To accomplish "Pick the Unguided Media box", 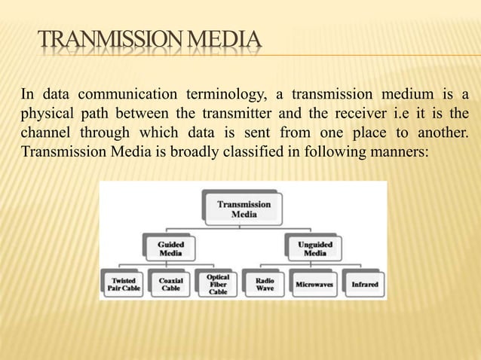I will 315,249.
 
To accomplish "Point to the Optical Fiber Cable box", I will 218,285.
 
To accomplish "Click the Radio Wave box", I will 265,285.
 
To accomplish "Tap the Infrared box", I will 364,285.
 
